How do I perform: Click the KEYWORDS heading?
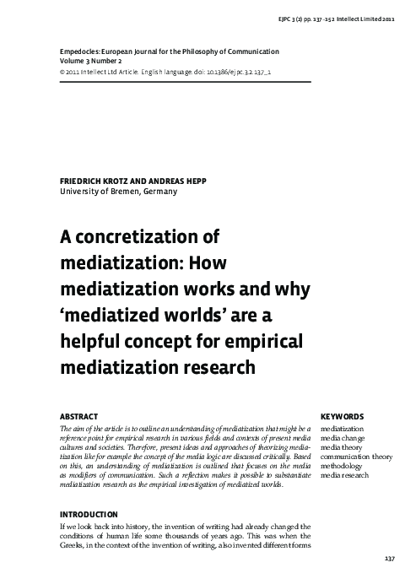(343, 416)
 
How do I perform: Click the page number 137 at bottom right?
(390, 560)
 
